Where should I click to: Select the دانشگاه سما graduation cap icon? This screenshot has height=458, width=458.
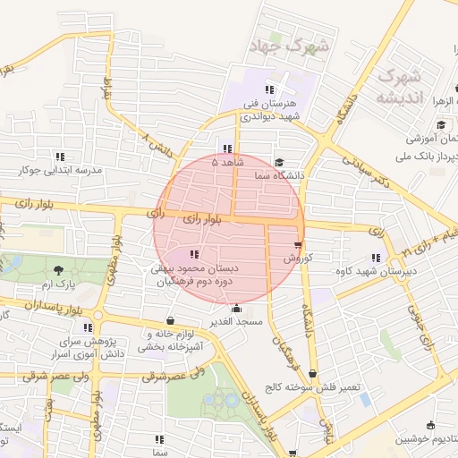click(x=280, y=164)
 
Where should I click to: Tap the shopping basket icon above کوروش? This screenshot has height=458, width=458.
click(x=298, y=244)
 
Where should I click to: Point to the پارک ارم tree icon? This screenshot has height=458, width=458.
click(x=59, y=270)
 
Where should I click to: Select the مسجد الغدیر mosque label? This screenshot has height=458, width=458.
click(x=236, y=321)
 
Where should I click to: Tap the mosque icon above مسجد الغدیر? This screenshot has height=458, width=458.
click(x=235, y=309)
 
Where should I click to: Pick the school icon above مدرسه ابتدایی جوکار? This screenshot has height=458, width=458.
click(x=60, y=156)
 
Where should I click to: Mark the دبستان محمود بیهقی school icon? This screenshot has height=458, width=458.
click(x=195, y=255)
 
